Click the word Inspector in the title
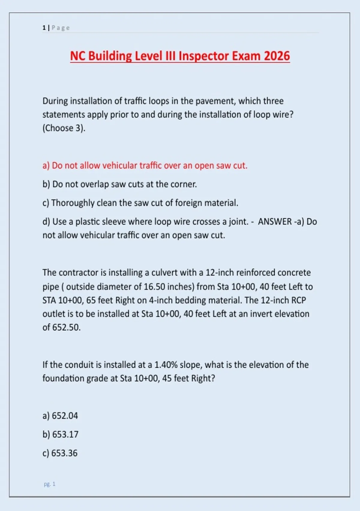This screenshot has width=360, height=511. click(x=204, y=56)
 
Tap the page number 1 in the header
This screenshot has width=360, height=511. click(x=44, y=28)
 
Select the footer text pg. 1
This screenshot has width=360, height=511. click(x=49, y=484)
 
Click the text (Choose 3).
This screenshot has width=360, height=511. click(x=64, y=128)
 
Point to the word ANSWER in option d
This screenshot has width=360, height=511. click(x=275, y=222)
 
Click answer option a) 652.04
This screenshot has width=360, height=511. click(x=60, y=416)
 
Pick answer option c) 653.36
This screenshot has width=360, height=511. click(x=60, y=453)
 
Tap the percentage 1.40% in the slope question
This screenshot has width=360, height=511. click(x=166, y=365)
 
